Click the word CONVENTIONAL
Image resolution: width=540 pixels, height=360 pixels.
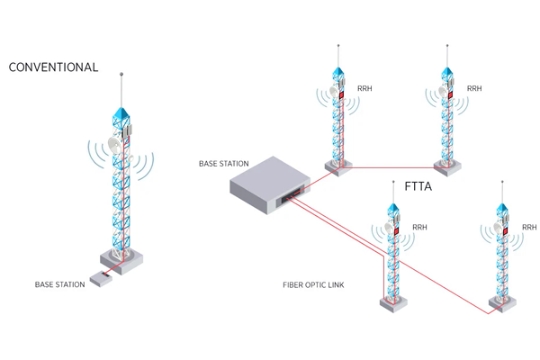(x=53, y=67)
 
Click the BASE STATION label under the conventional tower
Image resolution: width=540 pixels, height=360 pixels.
(x=59, y=284)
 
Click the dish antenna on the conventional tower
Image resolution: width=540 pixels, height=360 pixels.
(x=114, y=144)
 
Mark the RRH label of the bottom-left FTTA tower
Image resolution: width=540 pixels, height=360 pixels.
(x=419, y=228)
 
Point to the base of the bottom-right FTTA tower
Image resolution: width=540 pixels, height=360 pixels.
(x=497, y=305)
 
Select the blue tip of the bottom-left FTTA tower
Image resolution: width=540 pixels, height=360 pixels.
(x=393, y=213)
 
